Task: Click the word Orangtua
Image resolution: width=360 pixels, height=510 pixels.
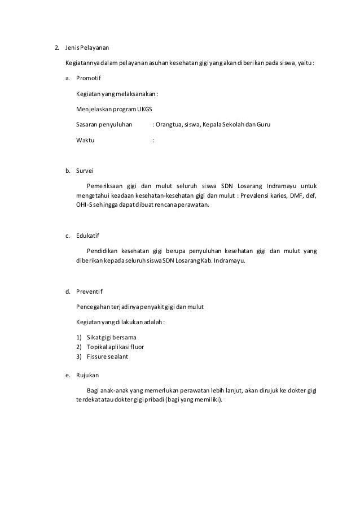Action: click(171, 123)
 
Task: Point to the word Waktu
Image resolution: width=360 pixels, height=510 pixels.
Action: click(85, 140)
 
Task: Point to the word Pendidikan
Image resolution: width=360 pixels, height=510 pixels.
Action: click(105, 251)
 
